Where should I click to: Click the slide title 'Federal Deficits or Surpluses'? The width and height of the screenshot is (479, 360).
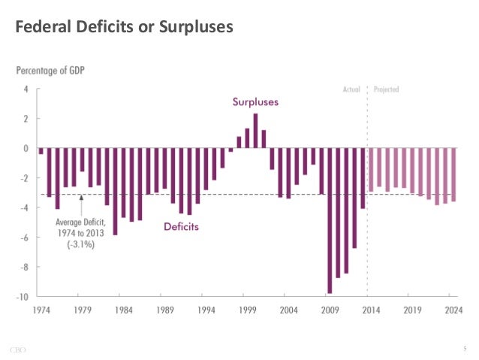pyautogui.click(x=124, y=27)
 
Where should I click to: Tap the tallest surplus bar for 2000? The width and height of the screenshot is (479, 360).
pyautogui.click(x=255, y=131)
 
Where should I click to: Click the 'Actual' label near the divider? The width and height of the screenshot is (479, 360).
pyautogui.click(x=351, y=89)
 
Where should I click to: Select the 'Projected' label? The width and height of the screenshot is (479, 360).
pyautogui.click(x=386, y=89)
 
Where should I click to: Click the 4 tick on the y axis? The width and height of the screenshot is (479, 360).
pyautogui.click(x=26, y=89)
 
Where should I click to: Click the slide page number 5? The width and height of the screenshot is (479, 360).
pyautogui.click(x=465, y=348)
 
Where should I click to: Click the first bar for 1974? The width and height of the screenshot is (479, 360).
pyautogui.click(x=41, y=151)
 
